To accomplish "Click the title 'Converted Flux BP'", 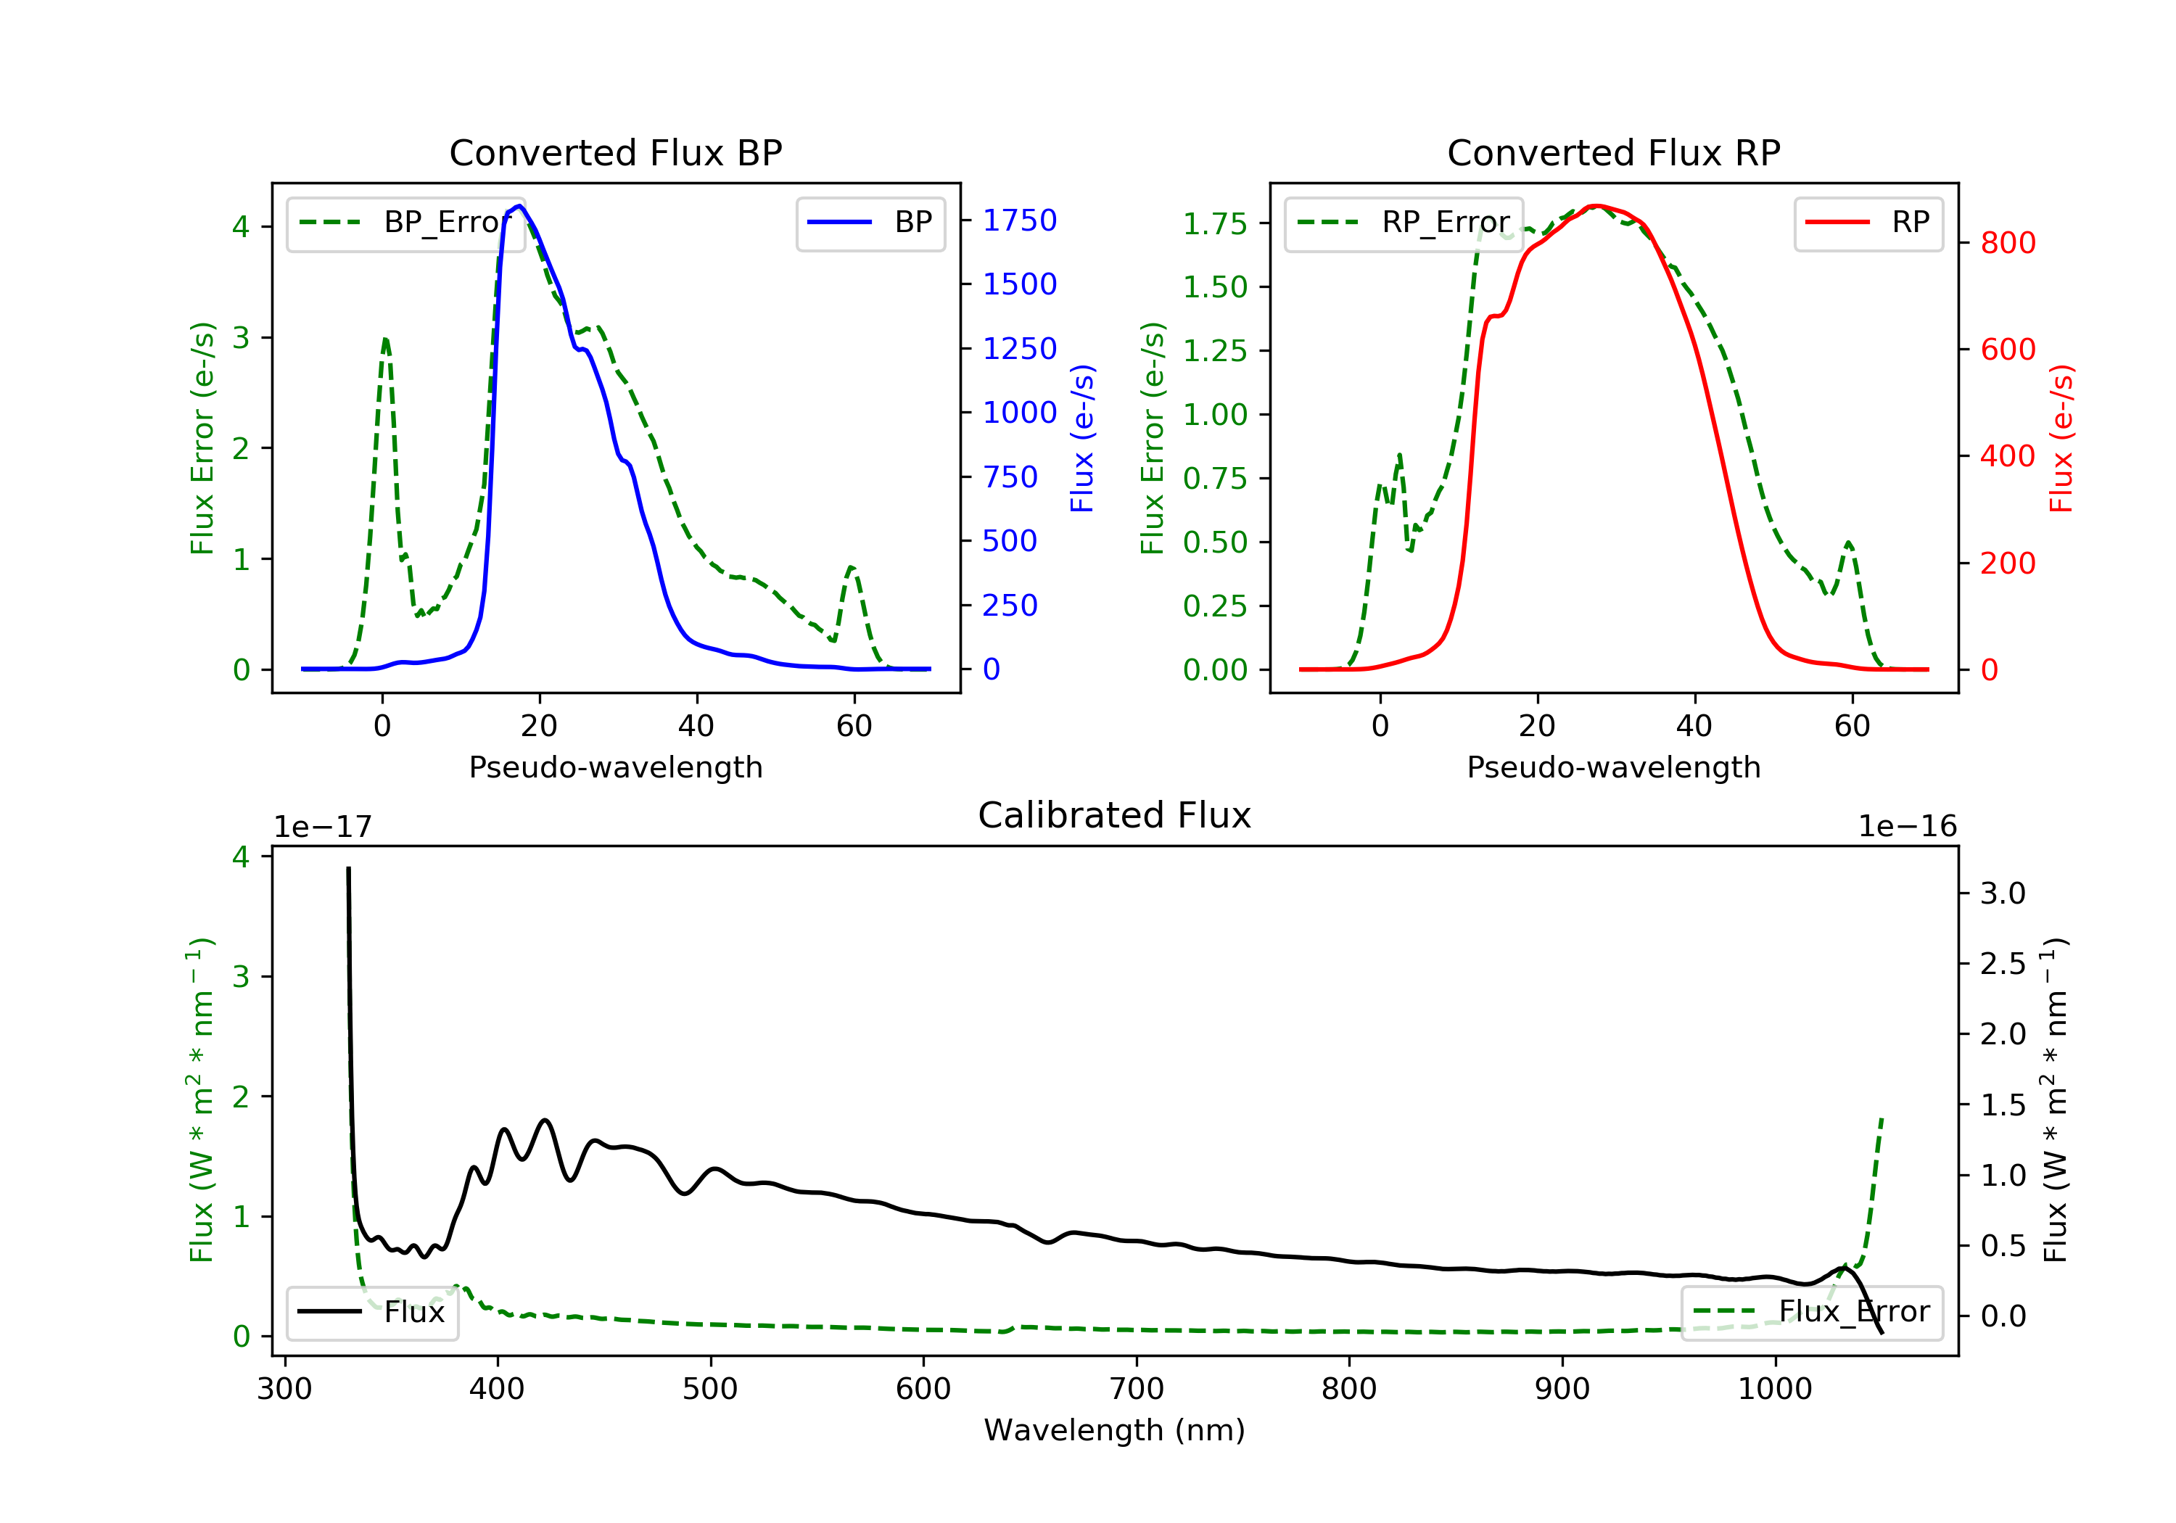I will click(615, 152).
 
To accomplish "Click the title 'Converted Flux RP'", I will click(1613, 152).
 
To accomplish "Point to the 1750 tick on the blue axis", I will click(1019, 220).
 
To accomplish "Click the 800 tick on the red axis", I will click(2007, 244).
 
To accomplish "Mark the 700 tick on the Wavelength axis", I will click(1137, 1390).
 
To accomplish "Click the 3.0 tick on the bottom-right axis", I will click(2002, 893).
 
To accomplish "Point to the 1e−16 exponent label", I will click(1907, 827).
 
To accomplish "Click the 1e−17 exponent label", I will click(323, 827).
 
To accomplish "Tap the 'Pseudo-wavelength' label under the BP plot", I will click(615, 767).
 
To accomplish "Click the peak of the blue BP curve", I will click(520, 206).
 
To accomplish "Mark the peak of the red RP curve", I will click(1597, 206).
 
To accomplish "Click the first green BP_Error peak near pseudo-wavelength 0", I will click(384, 339).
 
